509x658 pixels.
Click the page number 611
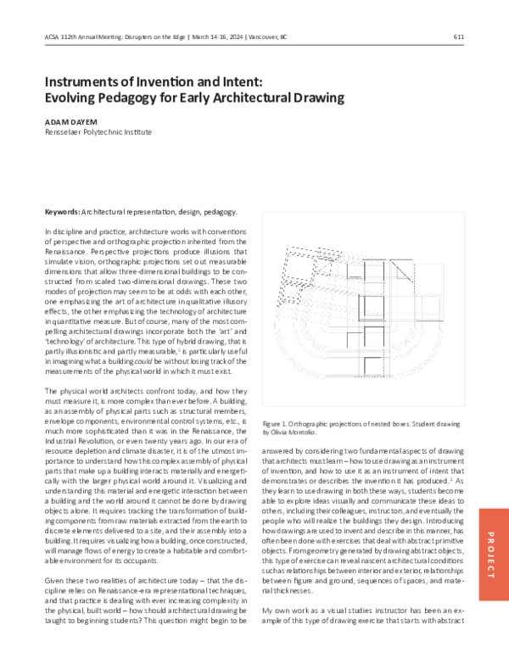point(458,36)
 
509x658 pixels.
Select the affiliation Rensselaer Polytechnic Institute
point(98,132)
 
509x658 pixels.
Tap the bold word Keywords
point(62,211)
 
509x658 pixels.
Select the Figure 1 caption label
point(279,421)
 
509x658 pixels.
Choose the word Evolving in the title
point(74,98)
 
